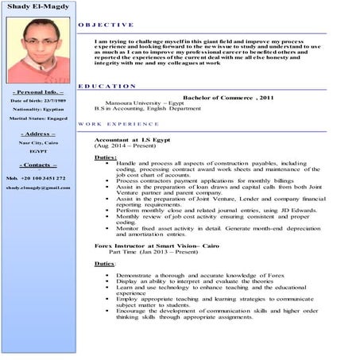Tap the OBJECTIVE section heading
(x=106, y=25)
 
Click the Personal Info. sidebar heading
(x=38, y=93)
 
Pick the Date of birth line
(x=38, y=102)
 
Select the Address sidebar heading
(x=38, y=134)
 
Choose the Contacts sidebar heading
(x=38, y=165)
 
